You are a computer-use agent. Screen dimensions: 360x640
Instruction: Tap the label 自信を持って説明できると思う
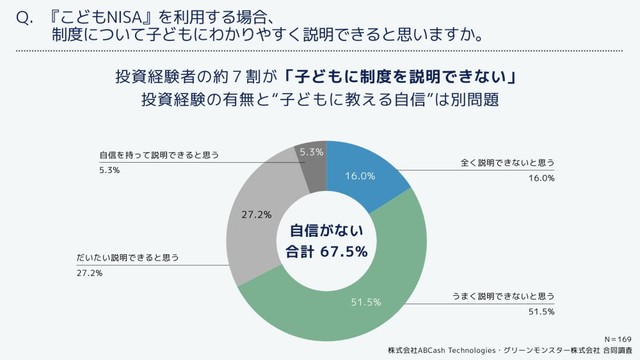click(158, 156)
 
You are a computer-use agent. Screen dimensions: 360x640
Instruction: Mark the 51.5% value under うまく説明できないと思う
click(540, 313)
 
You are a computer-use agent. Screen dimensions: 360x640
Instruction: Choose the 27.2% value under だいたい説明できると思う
click(89, 272)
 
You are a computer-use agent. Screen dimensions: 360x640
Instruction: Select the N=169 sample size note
click(616, 340)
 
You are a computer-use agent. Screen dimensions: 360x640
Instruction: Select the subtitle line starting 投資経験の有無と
click(320, 101)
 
